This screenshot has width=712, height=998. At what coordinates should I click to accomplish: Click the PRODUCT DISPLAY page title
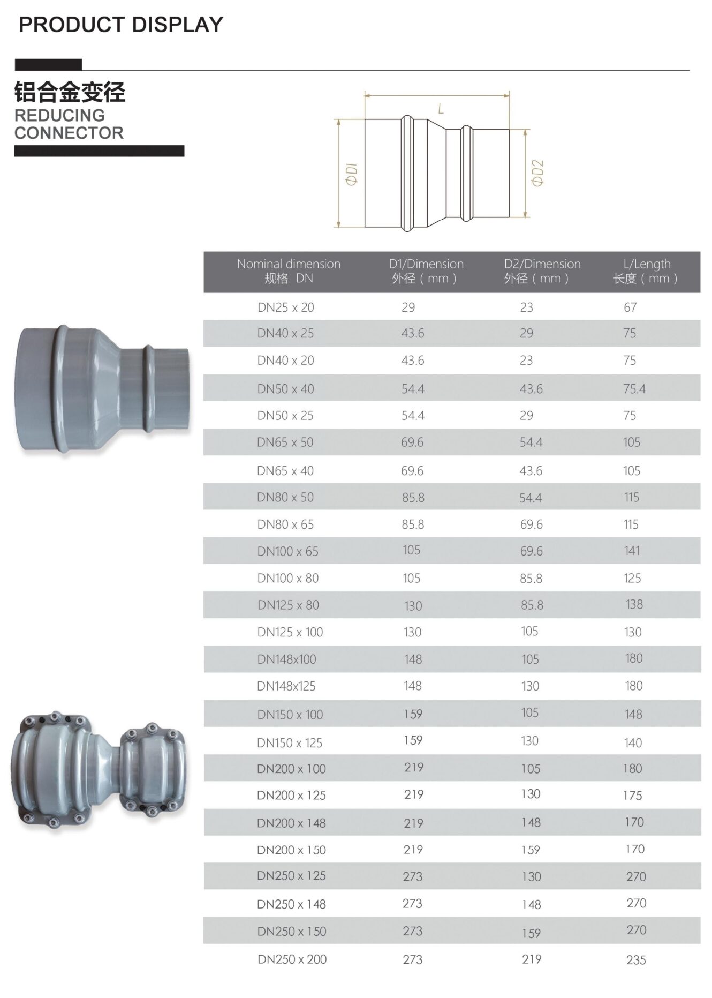(x=121, y=25)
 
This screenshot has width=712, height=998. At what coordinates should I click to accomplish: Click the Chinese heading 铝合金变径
(x=70, y=92)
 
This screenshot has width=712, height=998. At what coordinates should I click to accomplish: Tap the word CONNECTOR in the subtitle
(x=69, y=133)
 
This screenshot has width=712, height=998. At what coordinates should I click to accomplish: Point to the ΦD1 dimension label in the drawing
(x=352, y=175)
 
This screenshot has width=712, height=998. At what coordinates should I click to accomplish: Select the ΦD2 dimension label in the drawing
(x=537, y=173)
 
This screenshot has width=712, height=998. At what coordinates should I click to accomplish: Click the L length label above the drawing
(x=441, y=109)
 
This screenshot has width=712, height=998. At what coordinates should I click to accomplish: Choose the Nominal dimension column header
(x=289, y=271)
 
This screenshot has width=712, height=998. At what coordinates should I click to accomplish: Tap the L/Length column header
(x=647, y=271)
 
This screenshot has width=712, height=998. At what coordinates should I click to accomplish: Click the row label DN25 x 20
(x=285, y=307)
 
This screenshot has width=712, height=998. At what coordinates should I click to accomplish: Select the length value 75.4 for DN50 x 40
(x=634, y=389)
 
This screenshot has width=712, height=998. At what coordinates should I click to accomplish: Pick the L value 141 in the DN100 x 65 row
(x=632, y=551)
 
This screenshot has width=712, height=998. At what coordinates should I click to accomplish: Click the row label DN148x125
(x=286, y=686)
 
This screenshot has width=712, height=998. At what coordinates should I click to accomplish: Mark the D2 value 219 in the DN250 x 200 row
(x=532, y=959)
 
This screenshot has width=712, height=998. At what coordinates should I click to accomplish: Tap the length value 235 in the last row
(x=636, y=961)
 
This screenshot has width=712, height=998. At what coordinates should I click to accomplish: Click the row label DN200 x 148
(x=291, y=823)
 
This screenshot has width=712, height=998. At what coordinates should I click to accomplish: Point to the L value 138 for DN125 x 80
(x=634, y=605)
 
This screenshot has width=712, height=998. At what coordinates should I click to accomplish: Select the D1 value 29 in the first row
(x=408, y=307)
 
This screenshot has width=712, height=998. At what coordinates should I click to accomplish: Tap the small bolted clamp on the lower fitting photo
(x=153, y=770)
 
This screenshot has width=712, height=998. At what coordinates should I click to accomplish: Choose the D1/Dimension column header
(x=426, y=271)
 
